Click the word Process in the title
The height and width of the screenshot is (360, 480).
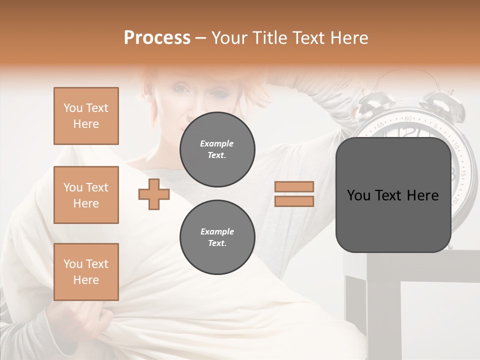pyautogui.click(x=157, y=38)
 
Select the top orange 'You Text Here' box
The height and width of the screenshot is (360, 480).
pyautogui.click(x=86, y=116)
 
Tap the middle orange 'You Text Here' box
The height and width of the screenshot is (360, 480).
pyautogui.click(x=86, y=195)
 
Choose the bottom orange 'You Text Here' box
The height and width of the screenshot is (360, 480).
pyautogui.click(x=86, y=272)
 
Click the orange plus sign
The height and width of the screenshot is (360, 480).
pyautogui.click(x=154, y=194)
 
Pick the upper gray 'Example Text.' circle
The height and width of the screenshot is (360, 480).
pyautogui.click(x=217, y=149)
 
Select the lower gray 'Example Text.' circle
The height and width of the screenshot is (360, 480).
pyautogui.click(x=217, y=237)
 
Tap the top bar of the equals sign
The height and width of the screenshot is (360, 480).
pyautogui.click(x=294, y=187)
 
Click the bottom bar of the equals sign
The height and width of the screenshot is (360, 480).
pyautogui.click(x=294, y=201)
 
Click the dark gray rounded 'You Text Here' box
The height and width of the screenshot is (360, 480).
pyautogui.click(x=393, y=195)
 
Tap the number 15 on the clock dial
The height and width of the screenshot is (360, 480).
pyautogui.click(x=462, y=174)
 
